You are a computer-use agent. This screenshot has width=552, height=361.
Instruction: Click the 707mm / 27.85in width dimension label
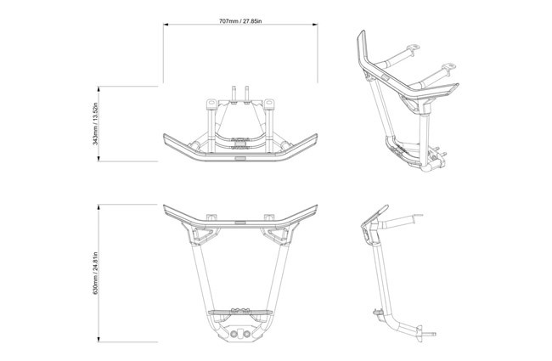click(x=240, y=21)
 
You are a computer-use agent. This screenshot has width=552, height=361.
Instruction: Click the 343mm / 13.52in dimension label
click(x=95, y=124)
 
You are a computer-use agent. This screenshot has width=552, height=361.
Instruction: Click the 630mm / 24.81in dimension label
click(x=95, y=274)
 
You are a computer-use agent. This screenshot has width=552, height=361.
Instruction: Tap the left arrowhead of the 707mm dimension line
click(x=166, y=25)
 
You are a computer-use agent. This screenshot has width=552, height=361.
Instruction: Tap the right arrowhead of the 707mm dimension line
click(x=315, y=25)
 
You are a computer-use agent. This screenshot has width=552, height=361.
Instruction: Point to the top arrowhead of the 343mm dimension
click(x=99, y=88)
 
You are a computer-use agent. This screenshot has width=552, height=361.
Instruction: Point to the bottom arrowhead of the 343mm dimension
click(x=99, y=159)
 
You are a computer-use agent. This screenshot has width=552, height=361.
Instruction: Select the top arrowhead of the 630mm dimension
click(x=99, y=206)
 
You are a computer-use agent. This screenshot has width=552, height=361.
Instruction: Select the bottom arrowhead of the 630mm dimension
click(x=99, y=340)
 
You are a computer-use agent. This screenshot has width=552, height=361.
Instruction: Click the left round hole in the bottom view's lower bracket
click(x=234, y=334)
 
